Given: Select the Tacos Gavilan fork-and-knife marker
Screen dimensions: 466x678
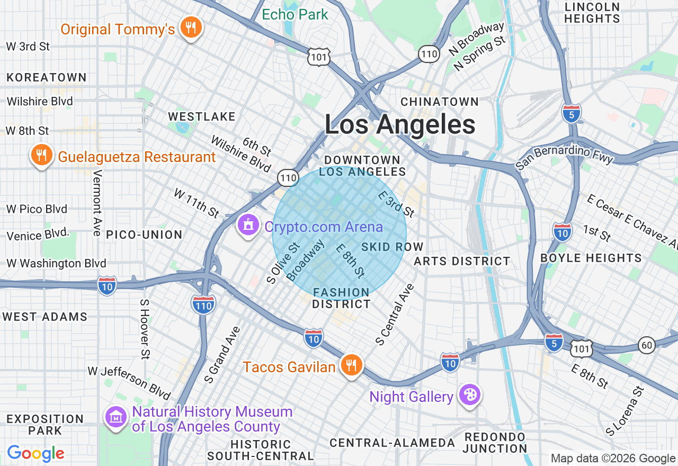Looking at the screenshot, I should tap(350, 365).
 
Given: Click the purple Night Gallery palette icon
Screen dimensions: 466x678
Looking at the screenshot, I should tap(469, 395).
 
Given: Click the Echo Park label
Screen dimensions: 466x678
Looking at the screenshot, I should tap(296, 14).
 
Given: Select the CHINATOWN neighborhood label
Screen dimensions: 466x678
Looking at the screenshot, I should tap(440, 101).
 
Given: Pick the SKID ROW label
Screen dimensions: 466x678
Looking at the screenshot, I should tap(392, 247).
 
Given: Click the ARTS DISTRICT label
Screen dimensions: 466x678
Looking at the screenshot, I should tap(462, 261).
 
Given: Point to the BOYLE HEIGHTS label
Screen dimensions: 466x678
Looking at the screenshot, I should tap(591, 258).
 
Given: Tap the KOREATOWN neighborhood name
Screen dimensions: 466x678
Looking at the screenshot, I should tap(47, 77).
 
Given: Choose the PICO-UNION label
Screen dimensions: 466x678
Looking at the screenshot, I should tap(144, 235).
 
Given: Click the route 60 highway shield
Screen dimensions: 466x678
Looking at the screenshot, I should tap(646, 345).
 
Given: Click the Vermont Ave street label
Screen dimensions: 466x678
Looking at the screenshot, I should tap(97, 202).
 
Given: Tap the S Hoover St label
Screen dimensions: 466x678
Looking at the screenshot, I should tap(144, 328).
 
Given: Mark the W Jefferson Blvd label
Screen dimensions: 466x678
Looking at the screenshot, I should tap(129, 382).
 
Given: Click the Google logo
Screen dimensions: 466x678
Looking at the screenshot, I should tap(36, 453).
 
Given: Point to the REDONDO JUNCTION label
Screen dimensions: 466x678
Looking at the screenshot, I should tap(495, 443).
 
